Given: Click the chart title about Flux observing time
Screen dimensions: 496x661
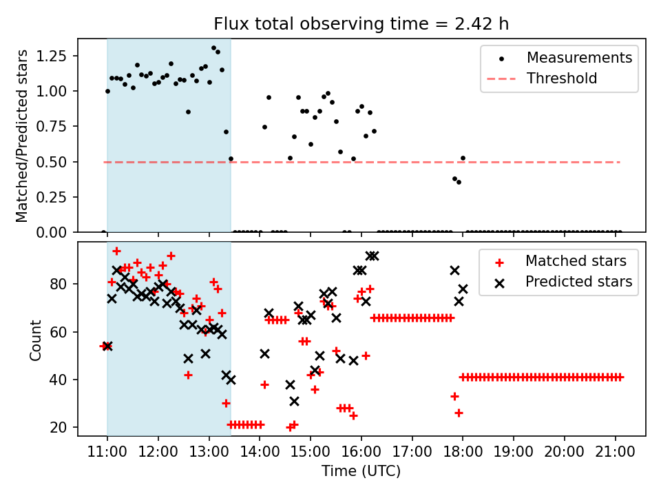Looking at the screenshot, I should click(x=361, y=24).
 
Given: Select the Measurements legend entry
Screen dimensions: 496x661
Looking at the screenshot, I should click(x=579, y=58).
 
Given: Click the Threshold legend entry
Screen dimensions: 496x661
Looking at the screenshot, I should click(x=562, y=79).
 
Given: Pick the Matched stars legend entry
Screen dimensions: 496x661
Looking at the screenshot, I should click(x=576, y=261).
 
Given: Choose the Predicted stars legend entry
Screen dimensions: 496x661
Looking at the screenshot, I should click(x=578, y=281).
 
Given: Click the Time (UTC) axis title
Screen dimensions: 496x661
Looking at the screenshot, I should click(x=361, y=472).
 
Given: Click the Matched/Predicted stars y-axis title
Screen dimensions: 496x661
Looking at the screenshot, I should click(x=22, y=136).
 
